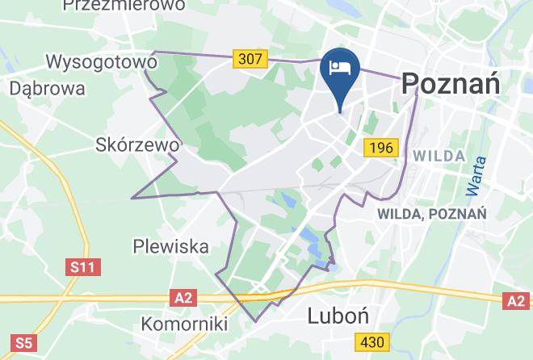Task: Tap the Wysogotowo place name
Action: pyautogui.click(x=101, y=61)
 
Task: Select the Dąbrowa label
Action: pyautogui.click(x=49, y=87)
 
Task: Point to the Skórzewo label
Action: pyautogui.click(x=136, y=145)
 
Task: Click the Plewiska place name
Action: pyautogui.click(x=171, y=246)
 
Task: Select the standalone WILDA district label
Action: pyautogui.click(x=438, y=156)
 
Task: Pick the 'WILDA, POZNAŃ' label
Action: pyautogui.click(x=431, y=214)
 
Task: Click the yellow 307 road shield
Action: pyautogui.click(x=250, y=59)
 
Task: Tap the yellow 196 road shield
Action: pyautogui.click(x=380, y=148)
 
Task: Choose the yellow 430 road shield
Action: pyautogui.click(x=371, y=342)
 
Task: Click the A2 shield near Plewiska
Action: pyautogui.click(x=183, y=298)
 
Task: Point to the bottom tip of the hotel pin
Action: pyautogui.click(x=340, y=111)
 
